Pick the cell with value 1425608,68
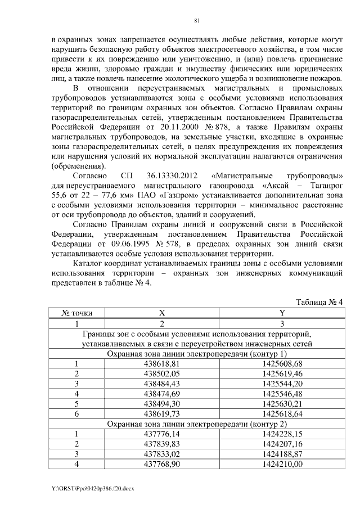[x=282, y=364]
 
